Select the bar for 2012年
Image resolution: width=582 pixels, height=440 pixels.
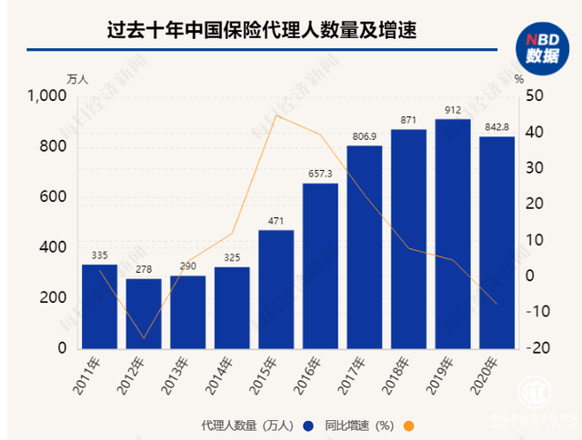(143, 313)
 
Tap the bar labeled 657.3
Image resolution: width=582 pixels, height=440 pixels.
(320, 265)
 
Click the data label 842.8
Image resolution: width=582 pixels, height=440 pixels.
(497, 128)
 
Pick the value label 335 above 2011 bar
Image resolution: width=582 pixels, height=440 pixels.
(99, 255)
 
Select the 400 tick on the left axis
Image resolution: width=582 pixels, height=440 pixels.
(55, 247)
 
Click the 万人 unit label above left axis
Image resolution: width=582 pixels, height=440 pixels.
(78, 78)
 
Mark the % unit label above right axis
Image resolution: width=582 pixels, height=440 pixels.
(518, 78)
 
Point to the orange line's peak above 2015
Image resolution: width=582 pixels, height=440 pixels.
(276, 115)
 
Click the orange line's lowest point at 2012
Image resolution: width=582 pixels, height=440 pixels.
(143, 338)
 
